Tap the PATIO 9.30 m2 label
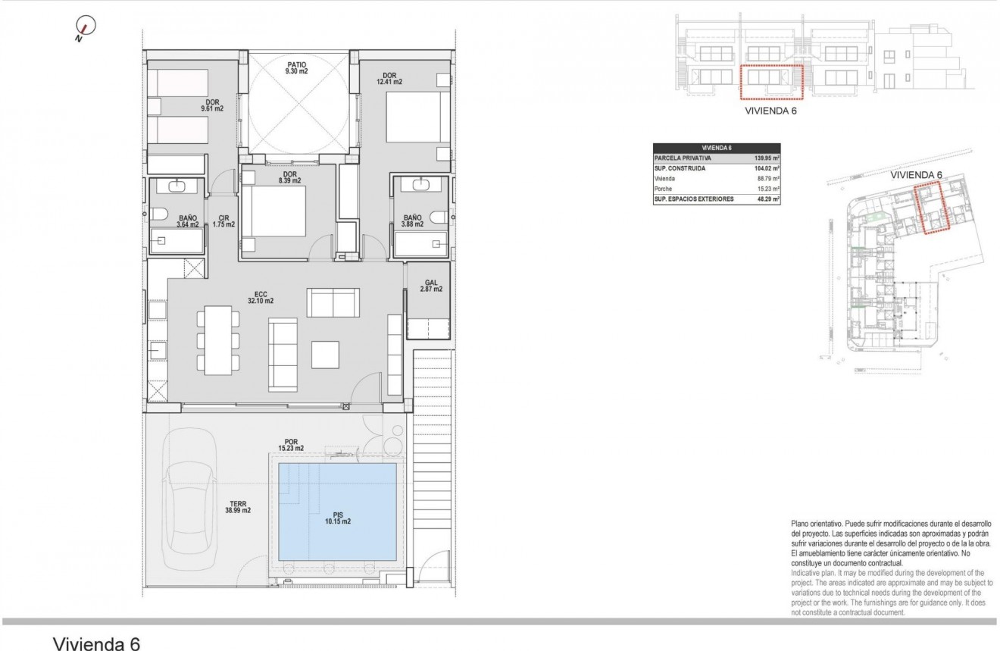click(x=296, y=67)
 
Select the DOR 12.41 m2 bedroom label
click(x=392, y=79)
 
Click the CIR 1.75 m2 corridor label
click(x=223, y=221)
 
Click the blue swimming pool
click(x=337, y=509)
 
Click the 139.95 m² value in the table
click(x=767, y=158)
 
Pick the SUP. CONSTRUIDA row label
click(x=681, y=168)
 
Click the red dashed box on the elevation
click(x=770, y=83)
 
